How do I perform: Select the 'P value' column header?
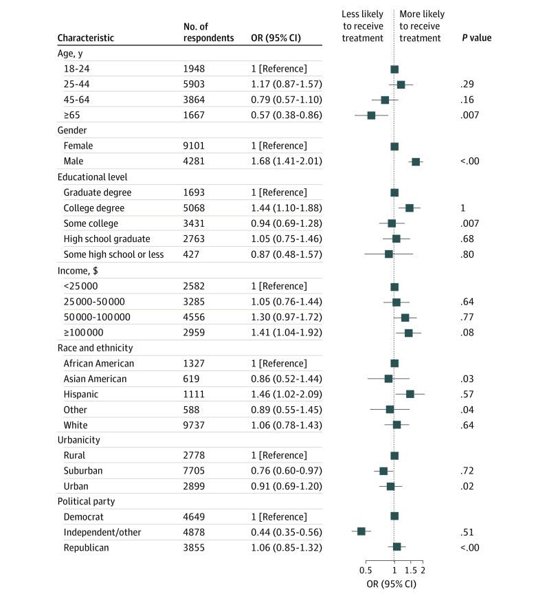476,38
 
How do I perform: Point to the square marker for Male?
415,162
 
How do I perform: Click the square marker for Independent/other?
361,531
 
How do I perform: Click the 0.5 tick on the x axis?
366,571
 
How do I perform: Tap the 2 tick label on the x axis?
423,571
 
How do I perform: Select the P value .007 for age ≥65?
469,115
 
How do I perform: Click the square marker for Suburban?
383,471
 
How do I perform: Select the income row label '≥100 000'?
85,332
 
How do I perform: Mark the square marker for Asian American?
388,379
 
